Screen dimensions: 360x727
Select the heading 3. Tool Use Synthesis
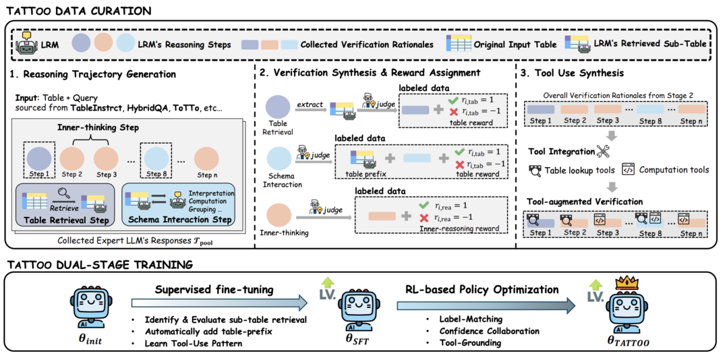coord(573,73)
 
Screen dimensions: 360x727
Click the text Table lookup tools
coord(579,170)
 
